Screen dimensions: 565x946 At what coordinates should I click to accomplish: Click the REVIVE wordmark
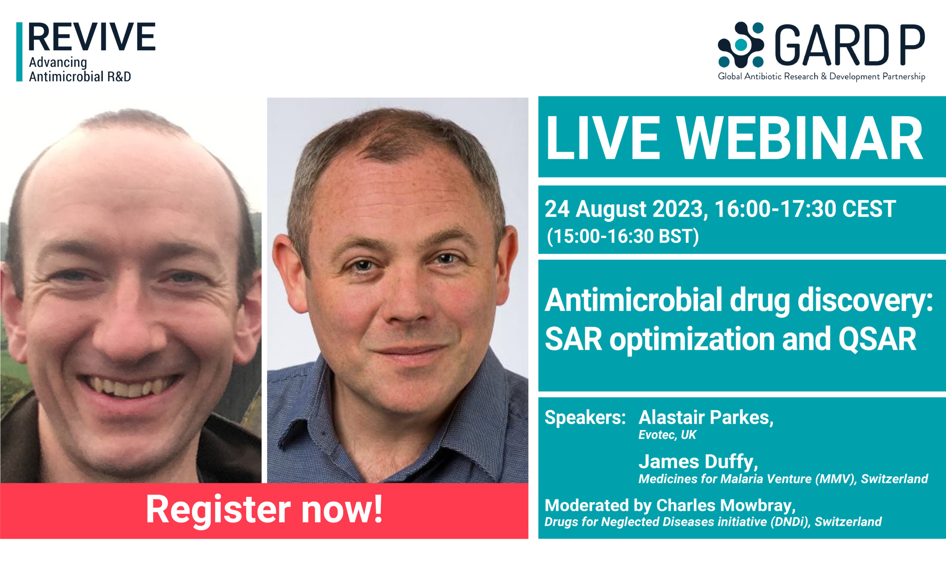[x=92, y=37]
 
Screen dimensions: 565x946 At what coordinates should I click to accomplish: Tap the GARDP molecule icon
[x=740, y=45]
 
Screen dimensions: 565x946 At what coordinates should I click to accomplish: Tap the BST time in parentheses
[x=623, y=236]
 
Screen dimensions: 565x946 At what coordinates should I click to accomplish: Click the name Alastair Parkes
[x=705, y=418]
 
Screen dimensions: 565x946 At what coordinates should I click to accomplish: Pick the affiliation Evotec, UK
[x=667, y=435]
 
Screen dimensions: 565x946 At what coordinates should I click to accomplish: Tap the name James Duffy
[x=698, y=461]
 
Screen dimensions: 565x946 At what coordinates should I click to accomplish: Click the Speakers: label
[x=585, y=418]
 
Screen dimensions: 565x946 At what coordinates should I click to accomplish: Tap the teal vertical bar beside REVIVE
[x=19, y=52]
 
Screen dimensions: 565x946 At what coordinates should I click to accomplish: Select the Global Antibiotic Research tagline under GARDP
[x=821, y=77]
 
